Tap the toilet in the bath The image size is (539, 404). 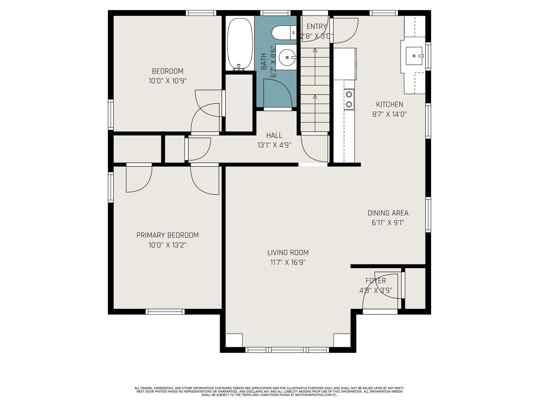(x=284, y=33)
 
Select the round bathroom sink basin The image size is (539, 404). (x=286, y=57)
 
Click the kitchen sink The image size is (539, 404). (x=414, y=56)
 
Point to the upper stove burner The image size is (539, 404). (x=349, y=94)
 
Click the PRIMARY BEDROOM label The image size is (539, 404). (x=167, y=235)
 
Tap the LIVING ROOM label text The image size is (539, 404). (x=288, y=252)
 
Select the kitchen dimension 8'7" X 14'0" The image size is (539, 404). (x=390, y=114)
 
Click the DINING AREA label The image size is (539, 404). (x=388, y=213)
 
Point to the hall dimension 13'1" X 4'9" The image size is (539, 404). (x=274, y=145)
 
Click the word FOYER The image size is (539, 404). (x=376, y=281)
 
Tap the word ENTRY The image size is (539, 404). (x=317, y=26)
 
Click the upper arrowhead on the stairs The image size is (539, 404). (x=315, y=50)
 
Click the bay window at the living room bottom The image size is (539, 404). (x=287, y=350)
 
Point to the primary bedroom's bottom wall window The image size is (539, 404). (x=165, y=312)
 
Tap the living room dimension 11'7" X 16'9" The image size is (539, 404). (x=288, y=262)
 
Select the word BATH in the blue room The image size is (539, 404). (x=264, y=62)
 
